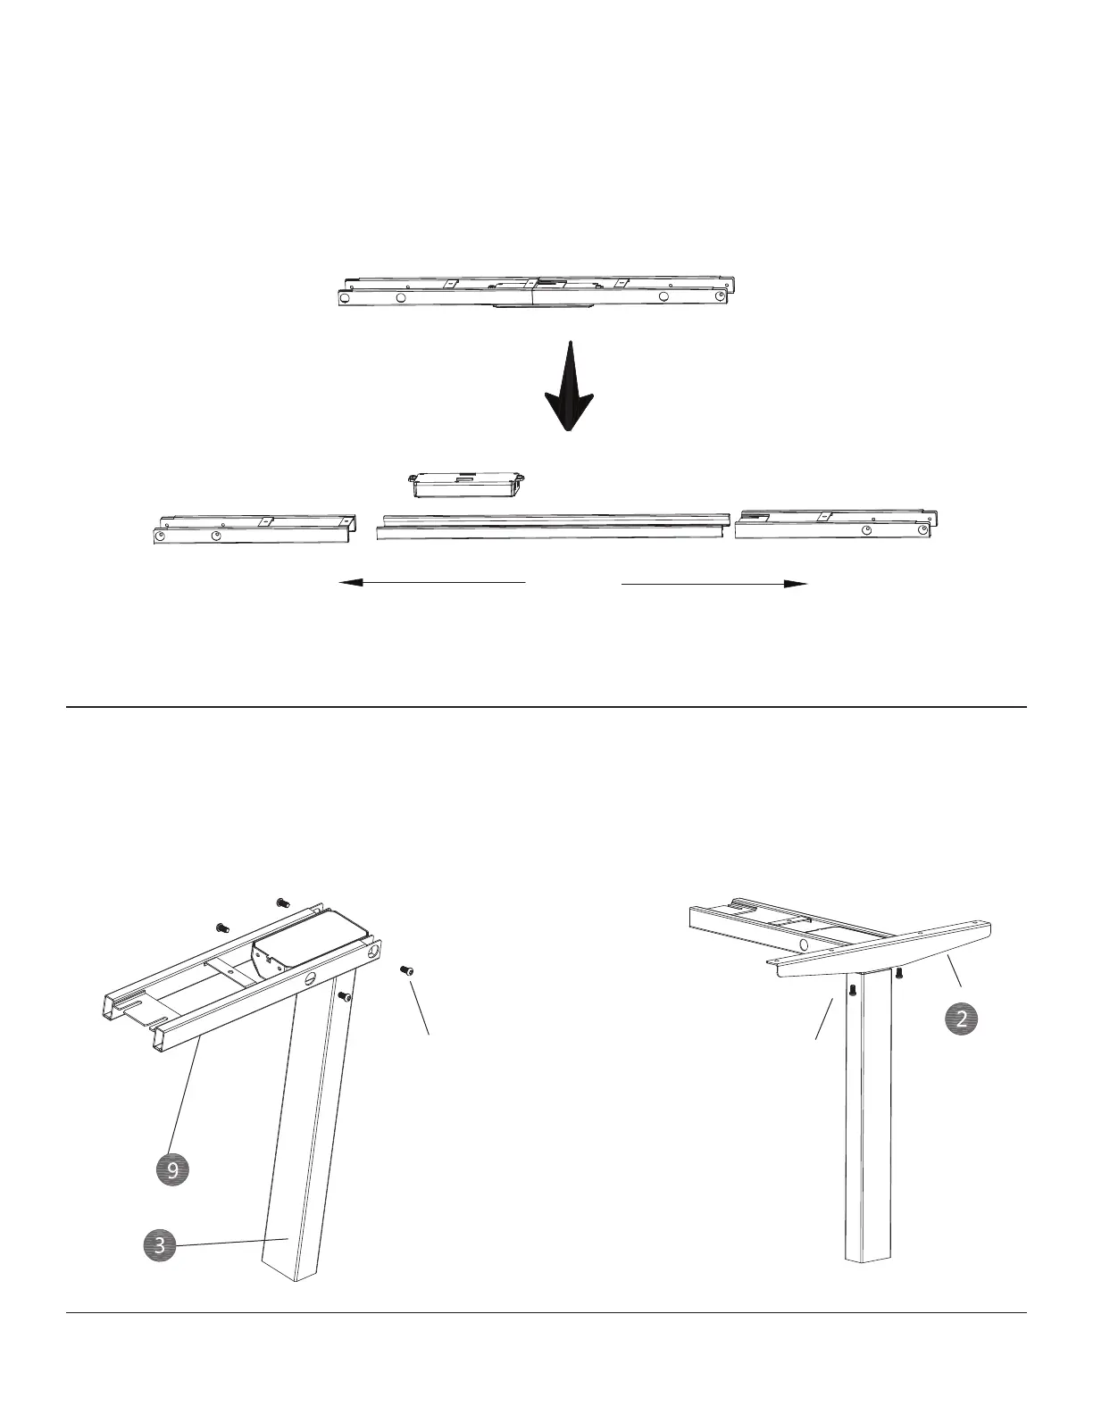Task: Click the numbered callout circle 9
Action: click(x=172, y=1169)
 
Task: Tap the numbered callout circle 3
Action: click(x=160, y=1244)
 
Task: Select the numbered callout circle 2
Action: click(x=961, y=1019)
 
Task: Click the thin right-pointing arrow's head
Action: click(x=797, y=583)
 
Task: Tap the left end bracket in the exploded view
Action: click(x=254, y=528)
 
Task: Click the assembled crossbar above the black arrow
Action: click(x=536, y=290)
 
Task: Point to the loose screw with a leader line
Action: click(x=405, y=969)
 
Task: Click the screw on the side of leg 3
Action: click(x=344, y=996)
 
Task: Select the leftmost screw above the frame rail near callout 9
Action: click(x=222, y=928)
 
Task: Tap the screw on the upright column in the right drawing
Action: click(x=852, y=989)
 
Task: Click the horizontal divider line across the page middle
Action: click(x=546, y=707)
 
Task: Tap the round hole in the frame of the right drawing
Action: click(x=803, y=944)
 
